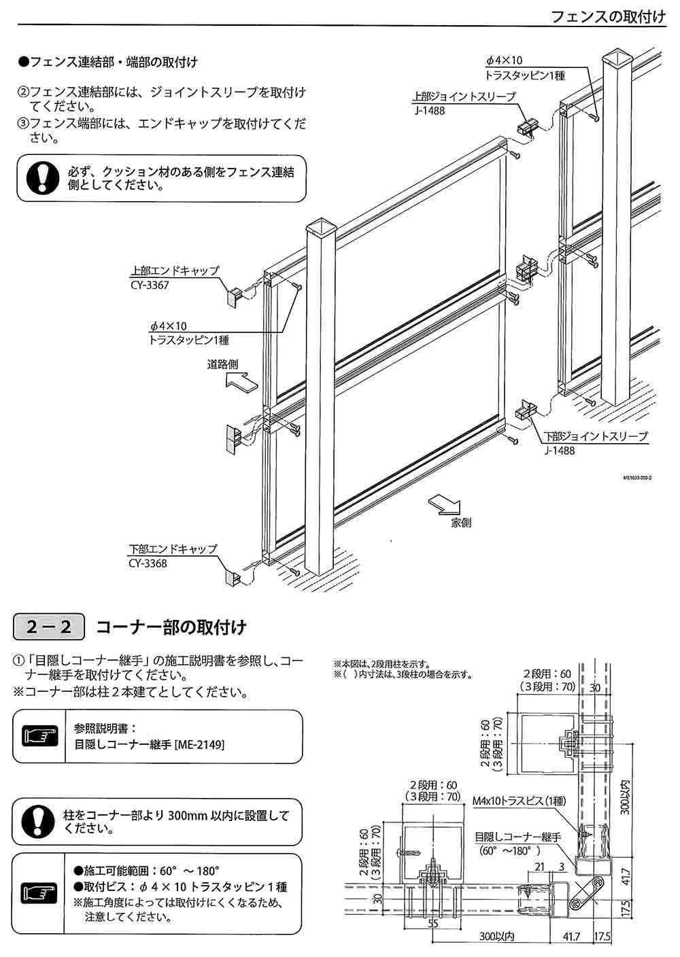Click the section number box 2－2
coord(49,627)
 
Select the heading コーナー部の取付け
coord(171,627)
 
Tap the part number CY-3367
coord(148,285)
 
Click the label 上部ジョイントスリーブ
coord(464,97)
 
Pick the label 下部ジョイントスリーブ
coord(596,437)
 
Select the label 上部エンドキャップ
coord(175,271)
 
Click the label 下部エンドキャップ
coord(173,549)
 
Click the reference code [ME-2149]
coord(199,744)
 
